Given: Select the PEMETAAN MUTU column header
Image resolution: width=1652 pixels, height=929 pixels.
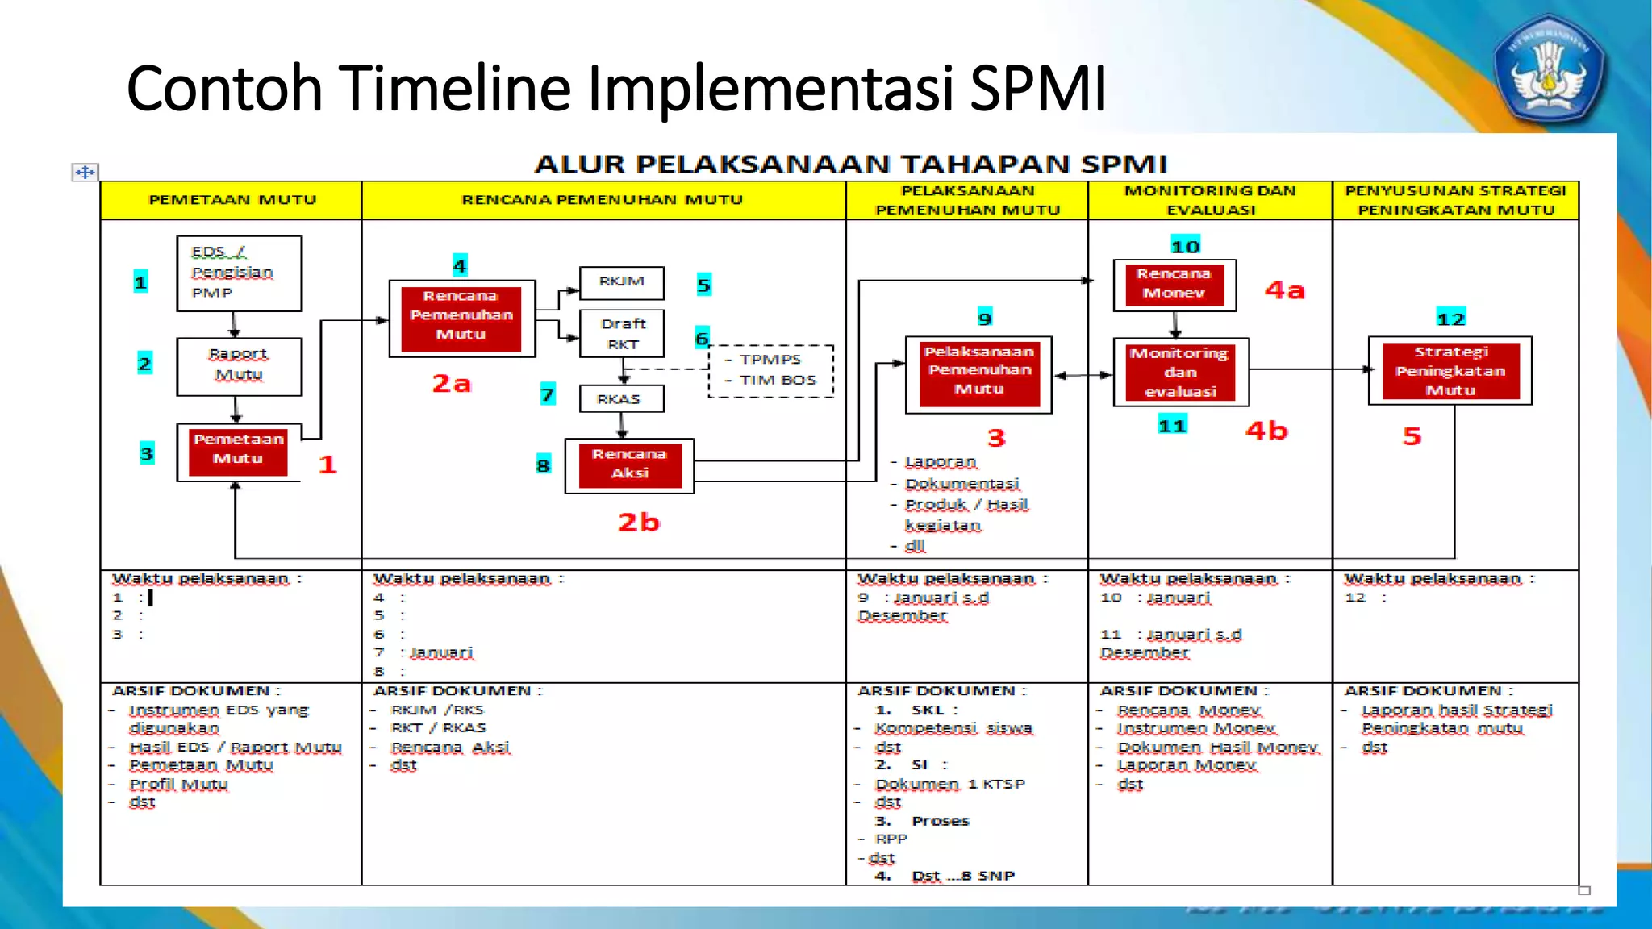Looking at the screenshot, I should point(232,200).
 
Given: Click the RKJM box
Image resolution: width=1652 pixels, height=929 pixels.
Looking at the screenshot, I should point(622,282).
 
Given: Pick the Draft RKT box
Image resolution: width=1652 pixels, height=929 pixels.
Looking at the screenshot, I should point(622,333).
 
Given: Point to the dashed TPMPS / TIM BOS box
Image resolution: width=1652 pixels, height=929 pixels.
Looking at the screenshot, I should point(771,370).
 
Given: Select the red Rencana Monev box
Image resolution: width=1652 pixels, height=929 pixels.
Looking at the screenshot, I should point(1174,284).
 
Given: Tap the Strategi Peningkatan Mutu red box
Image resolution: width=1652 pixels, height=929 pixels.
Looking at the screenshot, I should point(1450,371).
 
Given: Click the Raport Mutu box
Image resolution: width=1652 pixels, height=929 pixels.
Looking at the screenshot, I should point(239,365).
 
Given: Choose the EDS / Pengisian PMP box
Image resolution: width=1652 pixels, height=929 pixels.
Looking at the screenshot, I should point(239,273).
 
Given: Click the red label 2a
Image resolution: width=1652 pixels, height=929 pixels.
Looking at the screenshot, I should point(452,384).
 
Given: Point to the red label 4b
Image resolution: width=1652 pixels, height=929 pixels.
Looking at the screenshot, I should point(1266,431).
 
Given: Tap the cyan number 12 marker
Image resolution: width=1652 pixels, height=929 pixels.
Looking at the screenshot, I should point(1450,319).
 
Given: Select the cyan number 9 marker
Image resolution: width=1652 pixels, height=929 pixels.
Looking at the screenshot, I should point(985,318).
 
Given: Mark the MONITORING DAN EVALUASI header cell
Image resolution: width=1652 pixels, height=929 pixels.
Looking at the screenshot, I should point(1210,200).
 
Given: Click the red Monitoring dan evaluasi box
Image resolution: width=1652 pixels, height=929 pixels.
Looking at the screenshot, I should point(1181,372).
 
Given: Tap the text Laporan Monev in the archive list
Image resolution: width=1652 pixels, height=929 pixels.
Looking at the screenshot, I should point(1187,765).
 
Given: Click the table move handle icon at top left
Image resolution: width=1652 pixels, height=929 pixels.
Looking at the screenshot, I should point(85,172).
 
